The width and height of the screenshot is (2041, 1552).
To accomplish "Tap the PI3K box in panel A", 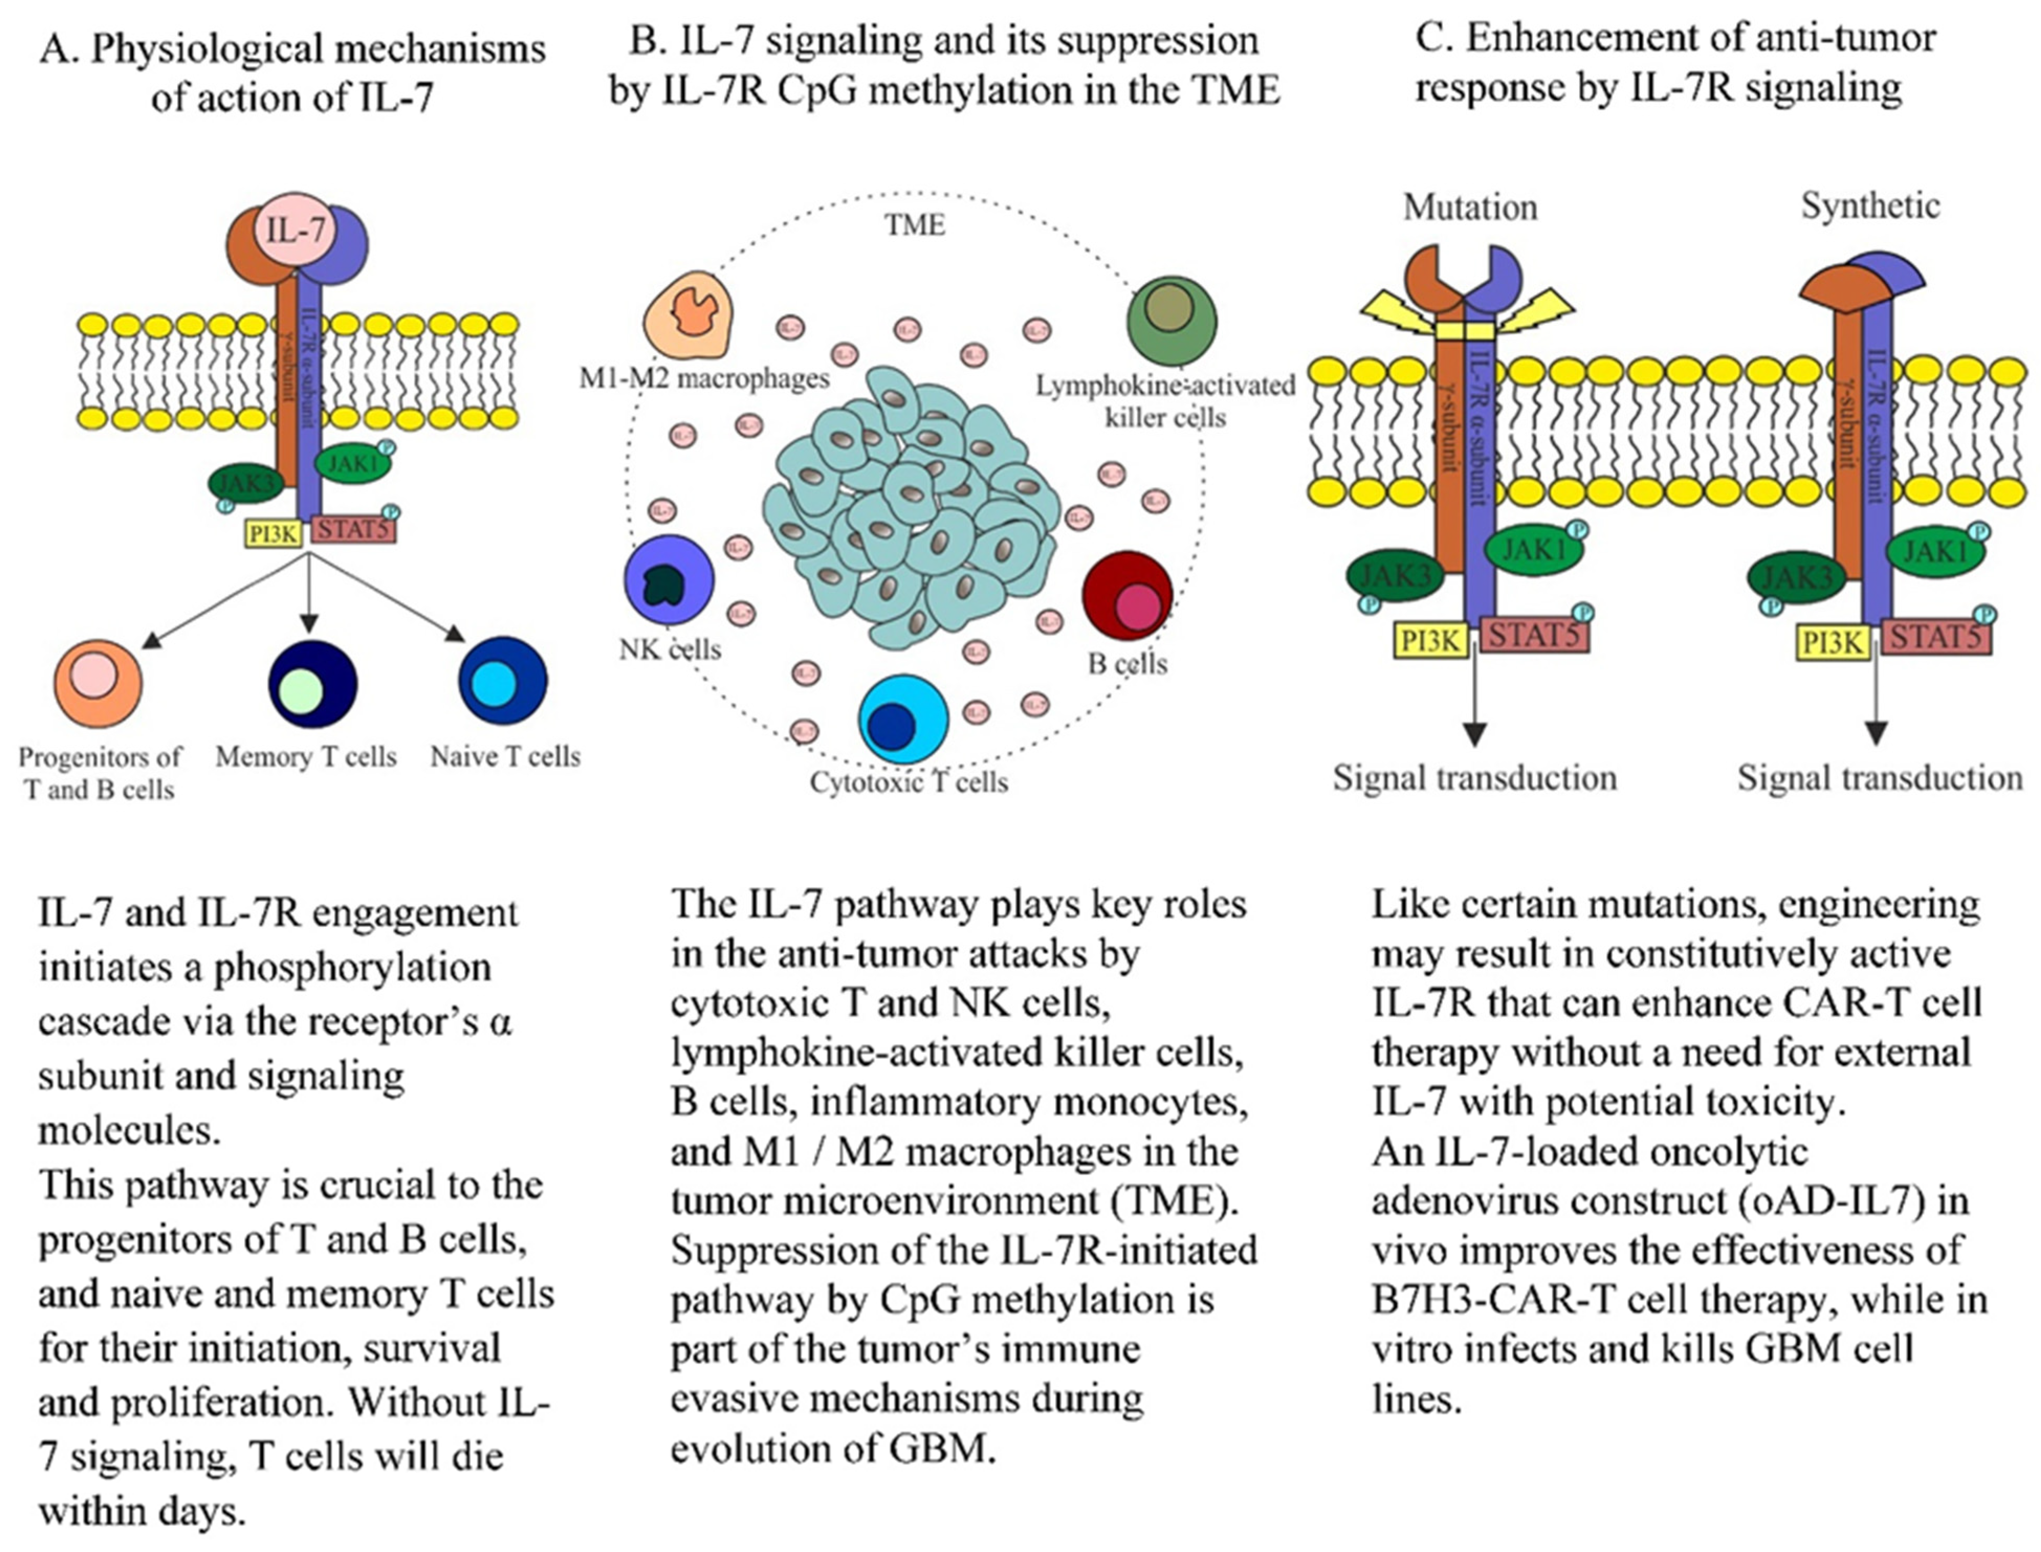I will (x=273, y=533).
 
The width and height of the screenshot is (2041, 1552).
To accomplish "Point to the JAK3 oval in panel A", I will (x=243, y=482).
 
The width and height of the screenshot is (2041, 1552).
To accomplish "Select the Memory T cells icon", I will (x=312, y=684).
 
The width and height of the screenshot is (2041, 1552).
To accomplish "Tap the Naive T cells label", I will (x=505, y=757).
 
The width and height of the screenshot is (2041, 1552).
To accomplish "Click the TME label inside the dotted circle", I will (x=914, y=224).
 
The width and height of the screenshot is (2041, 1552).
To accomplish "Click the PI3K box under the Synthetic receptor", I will (x=1832, y=642).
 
